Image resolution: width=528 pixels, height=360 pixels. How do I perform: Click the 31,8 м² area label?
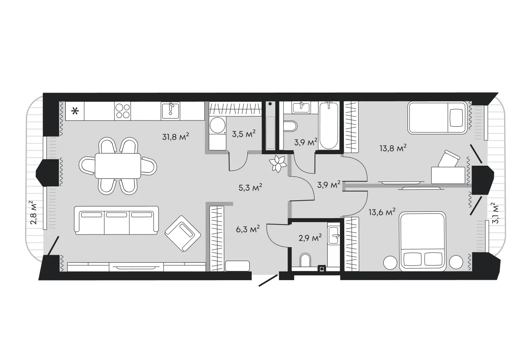coord(176,136)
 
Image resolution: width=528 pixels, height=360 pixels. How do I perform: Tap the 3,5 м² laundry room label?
coord(244,134)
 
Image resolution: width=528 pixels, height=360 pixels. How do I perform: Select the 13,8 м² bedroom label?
coord(393,148)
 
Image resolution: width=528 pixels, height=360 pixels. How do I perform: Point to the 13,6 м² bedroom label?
coord(382,212)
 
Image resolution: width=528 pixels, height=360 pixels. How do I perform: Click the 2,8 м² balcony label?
coord(34,212)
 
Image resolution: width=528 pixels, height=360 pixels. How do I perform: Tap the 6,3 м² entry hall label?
coord(248,229)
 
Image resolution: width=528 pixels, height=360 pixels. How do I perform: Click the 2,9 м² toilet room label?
coord(310,238)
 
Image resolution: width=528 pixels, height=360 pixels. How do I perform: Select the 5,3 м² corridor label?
coord(250,188)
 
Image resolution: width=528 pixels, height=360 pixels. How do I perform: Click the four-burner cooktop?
coord(123,111)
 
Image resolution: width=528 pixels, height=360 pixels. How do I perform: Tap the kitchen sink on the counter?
coord(171,111)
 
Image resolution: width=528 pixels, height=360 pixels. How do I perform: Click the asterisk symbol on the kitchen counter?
coord(75,111)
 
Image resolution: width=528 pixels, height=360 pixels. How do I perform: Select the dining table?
coord(118,166)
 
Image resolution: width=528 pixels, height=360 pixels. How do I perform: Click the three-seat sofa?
coord(116,220)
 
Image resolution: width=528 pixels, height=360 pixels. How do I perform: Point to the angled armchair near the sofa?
coord(183,234)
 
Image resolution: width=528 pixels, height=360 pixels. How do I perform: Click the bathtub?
coord(329,126)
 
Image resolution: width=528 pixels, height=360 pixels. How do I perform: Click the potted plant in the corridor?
coord(278,164)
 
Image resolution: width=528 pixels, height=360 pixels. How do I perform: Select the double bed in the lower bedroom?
coord(423,241)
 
